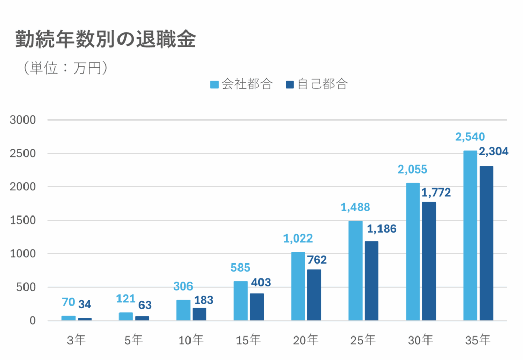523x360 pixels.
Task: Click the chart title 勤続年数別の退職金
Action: (x=105, y=40)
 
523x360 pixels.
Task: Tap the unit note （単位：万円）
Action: (x=64, y=68)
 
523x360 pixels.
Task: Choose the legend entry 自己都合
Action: (x=317, y=84)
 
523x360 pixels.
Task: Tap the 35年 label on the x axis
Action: (x=478, y=340)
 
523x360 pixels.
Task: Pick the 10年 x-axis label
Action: (x=192, y=340)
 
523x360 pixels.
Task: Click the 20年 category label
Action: (x=306, y=340)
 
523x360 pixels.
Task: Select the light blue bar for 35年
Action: (x=470, y=235)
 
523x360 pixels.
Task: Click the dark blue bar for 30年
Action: (x=429, y=261)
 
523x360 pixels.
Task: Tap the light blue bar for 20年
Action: (x=298, y=286)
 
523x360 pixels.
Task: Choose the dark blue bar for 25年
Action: (x=371, y=280)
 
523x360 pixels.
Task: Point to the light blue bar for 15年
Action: (x=241, y=301)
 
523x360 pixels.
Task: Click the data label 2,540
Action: (x=470, y=137)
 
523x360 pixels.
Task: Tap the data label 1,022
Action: (x=298, y=238)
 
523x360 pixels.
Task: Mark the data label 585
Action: (x=241, y=268)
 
